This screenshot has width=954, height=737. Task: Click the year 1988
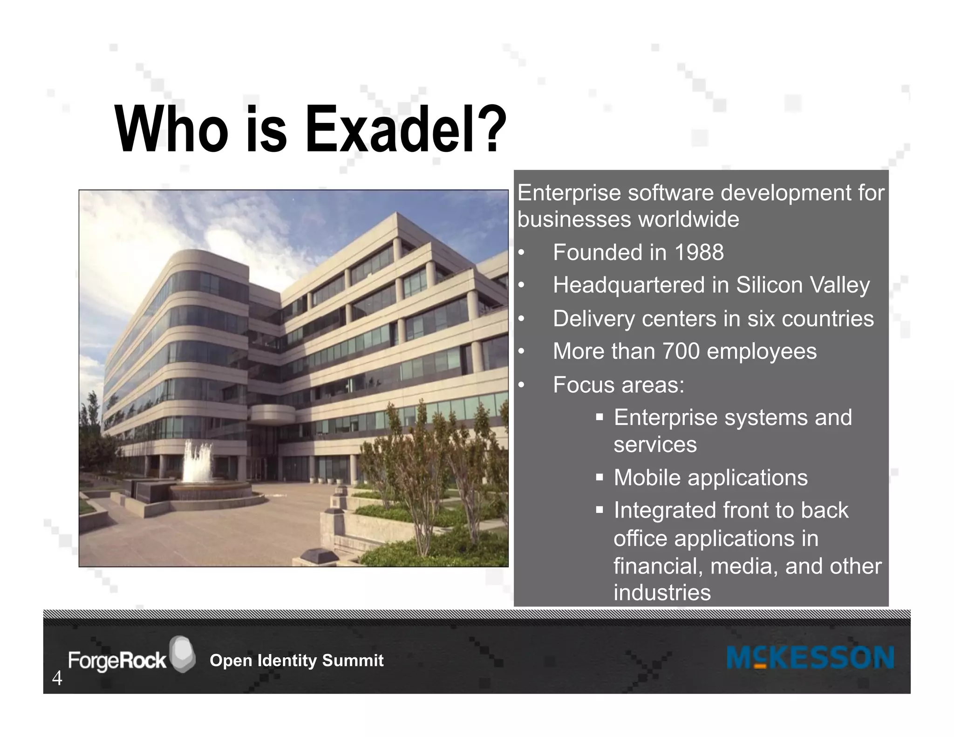[x=699, y=253]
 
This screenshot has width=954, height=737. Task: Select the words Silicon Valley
[x=803, y=285]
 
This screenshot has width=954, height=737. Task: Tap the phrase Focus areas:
[x=619, y=385]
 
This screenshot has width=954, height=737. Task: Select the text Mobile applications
[x=710, y=478]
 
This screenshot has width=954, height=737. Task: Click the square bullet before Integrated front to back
[x=600, y=510]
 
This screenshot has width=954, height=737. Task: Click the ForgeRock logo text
[x=117, y=661]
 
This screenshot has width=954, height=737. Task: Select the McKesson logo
[x=810, y=658]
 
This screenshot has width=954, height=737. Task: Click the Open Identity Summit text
[x=296, y=661]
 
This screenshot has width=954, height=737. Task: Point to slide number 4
[x=57, y=678]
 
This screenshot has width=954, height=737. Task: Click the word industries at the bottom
[x=662, y=593]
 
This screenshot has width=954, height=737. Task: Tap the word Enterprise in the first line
[x=569, y=193]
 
